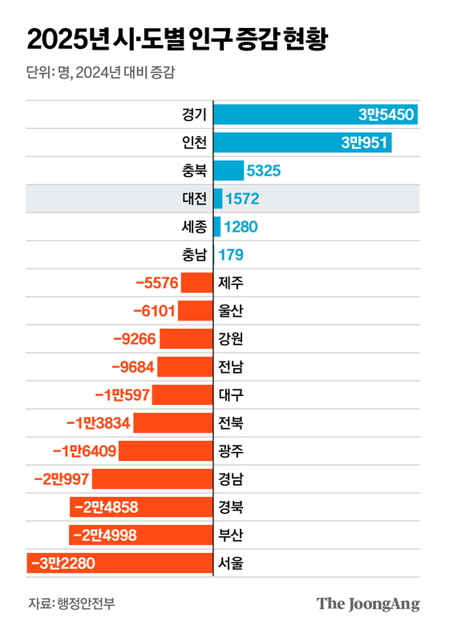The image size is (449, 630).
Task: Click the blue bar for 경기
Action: coord(315,115)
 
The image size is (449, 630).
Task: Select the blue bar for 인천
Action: coord(302,143)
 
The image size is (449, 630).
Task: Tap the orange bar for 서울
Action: coord(119,563)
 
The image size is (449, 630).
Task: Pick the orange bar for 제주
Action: coord(196,283)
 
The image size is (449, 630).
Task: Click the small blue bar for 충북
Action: coord(229,171)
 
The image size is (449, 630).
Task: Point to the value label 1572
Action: coord(242,199)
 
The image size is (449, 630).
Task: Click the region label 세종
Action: coord(193,227)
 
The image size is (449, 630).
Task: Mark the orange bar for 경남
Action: coord(152,479)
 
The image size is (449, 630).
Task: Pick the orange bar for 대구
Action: coord(182,395)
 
